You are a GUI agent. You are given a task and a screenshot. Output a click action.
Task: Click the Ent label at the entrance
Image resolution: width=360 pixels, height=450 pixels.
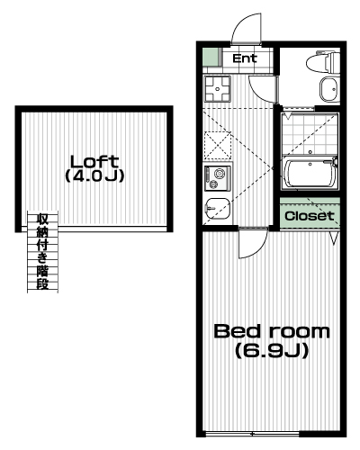click(245, 58)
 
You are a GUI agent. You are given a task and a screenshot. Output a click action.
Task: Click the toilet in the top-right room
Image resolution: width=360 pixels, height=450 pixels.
click(322, 61)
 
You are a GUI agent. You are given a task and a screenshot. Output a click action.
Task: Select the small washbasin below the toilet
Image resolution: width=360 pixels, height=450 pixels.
click(328, 89)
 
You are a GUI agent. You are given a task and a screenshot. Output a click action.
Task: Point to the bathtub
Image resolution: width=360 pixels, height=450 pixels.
click(310, 174)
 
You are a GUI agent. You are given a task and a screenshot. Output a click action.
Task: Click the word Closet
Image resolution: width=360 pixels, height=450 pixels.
click(310, 216)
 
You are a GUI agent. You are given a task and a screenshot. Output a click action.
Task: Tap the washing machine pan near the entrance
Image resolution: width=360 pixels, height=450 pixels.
click(218, 88)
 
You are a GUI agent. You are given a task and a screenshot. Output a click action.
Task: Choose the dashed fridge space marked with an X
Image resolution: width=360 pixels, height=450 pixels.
click(218, 145)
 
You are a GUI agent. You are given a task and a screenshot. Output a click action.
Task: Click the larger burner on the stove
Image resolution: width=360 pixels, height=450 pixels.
click(220, 174)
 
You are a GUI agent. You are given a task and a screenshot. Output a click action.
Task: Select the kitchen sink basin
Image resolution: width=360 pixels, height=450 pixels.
click(218, 209)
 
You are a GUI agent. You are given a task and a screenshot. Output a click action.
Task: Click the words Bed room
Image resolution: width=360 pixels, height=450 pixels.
click(272, 331)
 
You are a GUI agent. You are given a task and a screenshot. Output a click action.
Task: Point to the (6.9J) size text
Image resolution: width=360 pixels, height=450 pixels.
click(272, 350)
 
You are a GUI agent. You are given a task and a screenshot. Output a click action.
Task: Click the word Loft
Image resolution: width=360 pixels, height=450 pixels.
click(94, 162)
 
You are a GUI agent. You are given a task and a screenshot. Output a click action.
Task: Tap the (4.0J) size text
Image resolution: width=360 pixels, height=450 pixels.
click(94, 176)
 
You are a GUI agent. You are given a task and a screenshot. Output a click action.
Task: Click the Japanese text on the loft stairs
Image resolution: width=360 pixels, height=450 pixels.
click(42, 251)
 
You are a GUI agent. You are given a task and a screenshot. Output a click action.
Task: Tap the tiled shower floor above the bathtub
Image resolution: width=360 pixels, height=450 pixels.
click(310, 134)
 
